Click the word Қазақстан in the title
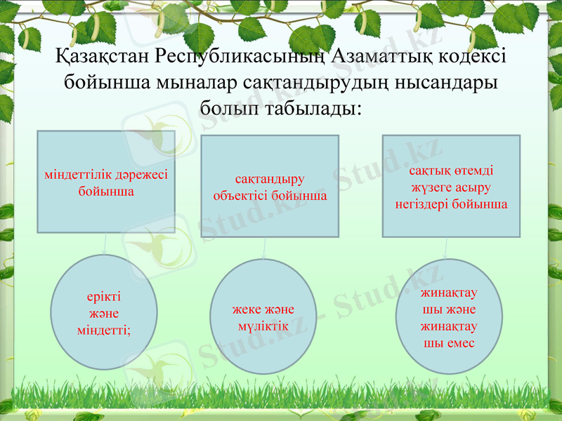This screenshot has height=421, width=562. click(100, 56)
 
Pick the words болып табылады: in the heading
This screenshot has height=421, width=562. click(281, 109)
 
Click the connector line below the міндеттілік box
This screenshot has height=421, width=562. click(105, 243)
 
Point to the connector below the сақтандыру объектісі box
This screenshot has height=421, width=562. click(264, 248)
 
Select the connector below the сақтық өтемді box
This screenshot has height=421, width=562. click(447, 248)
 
